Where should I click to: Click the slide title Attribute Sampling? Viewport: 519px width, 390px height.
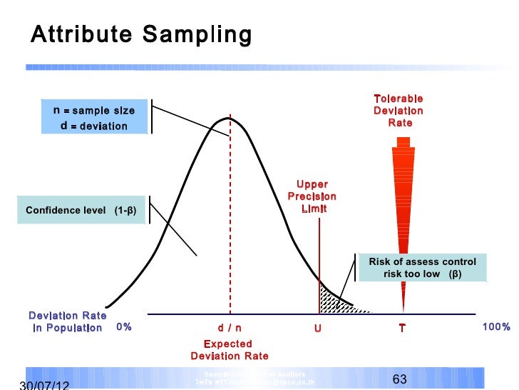point(141,34)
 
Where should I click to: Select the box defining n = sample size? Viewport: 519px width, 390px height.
point(93,118)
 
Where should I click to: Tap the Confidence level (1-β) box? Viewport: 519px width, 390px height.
point(80,210)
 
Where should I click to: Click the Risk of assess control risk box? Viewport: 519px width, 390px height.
point(422,268)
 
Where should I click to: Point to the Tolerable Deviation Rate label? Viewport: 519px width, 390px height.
point(399,111)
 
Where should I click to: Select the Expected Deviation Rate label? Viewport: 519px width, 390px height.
point(230,350)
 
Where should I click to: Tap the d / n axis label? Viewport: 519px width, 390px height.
point(230,328)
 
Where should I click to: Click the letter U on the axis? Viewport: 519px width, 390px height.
point(317,329)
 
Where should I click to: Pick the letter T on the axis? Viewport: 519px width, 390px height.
point(402,329)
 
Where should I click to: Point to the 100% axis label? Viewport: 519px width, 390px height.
point(496,327)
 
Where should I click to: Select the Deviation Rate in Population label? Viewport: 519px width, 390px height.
point(67,321)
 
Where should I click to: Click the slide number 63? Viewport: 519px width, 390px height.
point(400,379)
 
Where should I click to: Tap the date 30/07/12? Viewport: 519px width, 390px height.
point(44,384)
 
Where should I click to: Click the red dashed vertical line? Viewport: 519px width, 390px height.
point(230,214)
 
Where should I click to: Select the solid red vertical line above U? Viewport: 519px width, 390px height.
point(319,257)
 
